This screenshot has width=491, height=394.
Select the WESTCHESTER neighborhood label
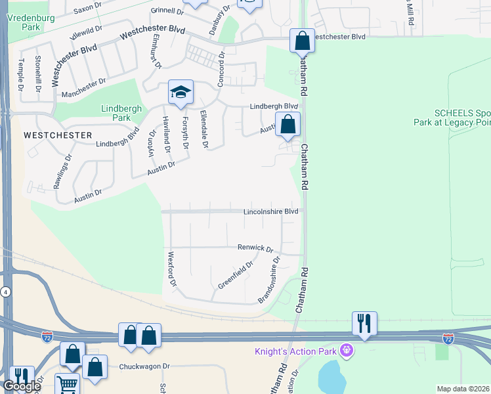point(57,135)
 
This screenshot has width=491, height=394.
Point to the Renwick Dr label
point(255,248)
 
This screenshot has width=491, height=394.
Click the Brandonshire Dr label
point(270,280)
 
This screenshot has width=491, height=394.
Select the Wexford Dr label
point(173,269)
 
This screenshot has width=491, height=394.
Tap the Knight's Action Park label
point(296,352)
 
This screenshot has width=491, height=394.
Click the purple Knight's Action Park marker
point(347,351)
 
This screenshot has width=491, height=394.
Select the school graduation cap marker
point(181,93)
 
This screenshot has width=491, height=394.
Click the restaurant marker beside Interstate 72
point(364,323)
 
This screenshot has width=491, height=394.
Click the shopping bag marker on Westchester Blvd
point(302,41)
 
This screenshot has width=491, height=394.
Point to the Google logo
point(21,386)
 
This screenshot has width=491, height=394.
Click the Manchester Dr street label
point(83,88)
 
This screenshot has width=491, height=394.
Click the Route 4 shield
point(5,291)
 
